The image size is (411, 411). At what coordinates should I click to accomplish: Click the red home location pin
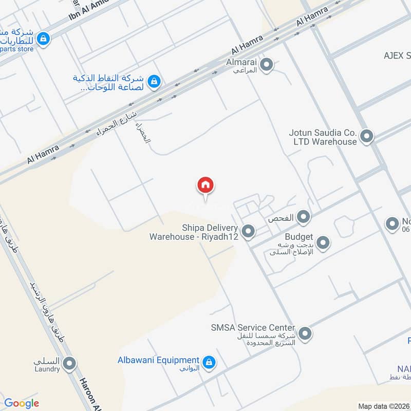tap(206, 185)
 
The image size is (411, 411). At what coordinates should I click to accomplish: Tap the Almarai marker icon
tap(266, 65)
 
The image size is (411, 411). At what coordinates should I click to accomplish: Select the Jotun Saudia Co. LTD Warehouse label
tap(323, 137)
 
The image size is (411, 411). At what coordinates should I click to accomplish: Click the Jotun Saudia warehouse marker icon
tap(366, 136)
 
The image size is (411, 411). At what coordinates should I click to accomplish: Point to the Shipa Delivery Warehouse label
tap(193, 232)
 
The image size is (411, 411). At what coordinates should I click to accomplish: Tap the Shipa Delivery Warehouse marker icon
tap(248, 232)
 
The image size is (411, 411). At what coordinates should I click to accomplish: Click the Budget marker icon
tap(323, 242)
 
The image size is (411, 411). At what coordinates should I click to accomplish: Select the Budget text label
tap(299, 237)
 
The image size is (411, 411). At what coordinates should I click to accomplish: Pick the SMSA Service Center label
tap(253, 327)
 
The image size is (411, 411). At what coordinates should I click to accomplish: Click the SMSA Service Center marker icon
tap(305, 334)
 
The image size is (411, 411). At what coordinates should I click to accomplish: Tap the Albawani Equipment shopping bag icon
tap(209, 363)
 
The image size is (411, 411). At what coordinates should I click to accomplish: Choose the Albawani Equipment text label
tap(158, 360)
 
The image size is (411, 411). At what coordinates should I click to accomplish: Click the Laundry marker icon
tap(70, 365)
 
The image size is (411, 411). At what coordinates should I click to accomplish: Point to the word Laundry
tap(47, 369)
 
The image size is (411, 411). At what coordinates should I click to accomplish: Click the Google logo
tap(22, 403)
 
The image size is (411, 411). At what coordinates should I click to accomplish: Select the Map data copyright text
tap(383, 406)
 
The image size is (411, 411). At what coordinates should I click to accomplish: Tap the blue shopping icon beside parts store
tap(44, 38)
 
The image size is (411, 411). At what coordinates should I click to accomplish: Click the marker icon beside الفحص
tap(304, 217)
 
